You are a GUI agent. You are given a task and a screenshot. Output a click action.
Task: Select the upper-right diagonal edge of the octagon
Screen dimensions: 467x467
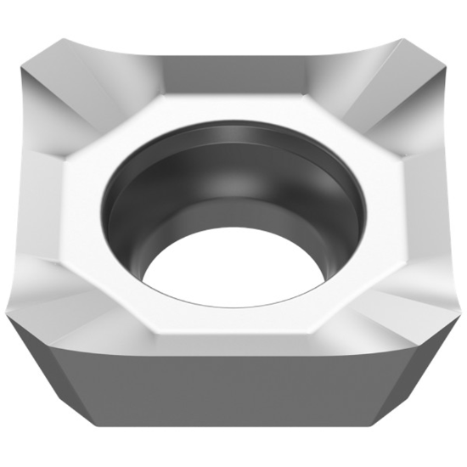coord(348,127)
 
